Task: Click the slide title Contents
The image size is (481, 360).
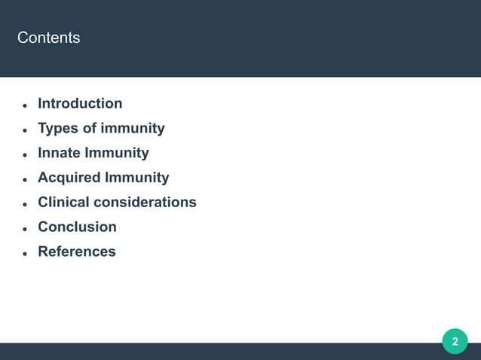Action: click(x=48, y=38)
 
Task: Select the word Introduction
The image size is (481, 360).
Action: click(x=80, y=104)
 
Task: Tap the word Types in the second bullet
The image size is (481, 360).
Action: click(x=57, y=129)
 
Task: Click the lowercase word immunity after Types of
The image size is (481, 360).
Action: click(x=134, y=129)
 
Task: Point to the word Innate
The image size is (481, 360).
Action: click(x=60, y=154)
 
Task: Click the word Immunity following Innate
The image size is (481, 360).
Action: click(x=118, y=154)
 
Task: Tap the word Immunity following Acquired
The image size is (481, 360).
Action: click(x=138, y=178)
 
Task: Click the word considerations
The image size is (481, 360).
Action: click(x=149, y=203)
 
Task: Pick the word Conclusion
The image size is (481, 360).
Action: click(x=77, y=227)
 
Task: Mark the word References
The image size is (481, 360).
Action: click(x=77, y=252)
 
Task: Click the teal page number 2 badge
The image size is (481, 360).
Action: click(x=455, y=342)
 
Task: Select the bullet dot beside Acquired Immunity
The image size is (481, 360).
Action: click(x=25, y=179)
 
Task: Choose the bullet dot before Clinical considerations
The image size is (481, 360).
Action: click(x=25, y=204)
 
